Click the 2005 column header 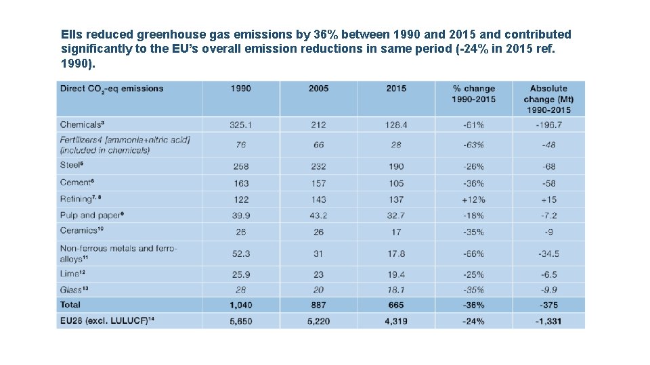click(x=318, y=89)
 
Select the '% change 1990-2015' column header click(x=473, y=94)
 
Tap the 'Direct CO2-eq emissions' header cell click(x=112, y=89)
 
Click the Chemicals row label click(x=82, y=124)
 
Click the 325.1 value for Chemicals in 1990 click(x=240, y=125)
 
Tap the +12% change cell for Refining click(x=473, y=199)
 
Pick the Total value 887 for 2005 click(x=318, y=305)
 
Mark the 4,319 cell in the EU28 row click(x=396, y=321)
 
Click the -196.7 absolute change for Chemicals click(x=549, y=125)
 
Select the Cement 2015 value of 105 click(x=396, y=183)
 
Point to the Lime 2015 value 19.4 click(x=396, y=274)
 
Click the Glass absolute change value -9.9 click(x=549, y=289)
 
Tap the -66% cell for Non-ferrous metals click(x=473, y=253)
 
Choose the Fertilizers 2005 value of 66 click(x=318, y=145)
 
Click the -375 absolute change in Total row click(x=549, y=305)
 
